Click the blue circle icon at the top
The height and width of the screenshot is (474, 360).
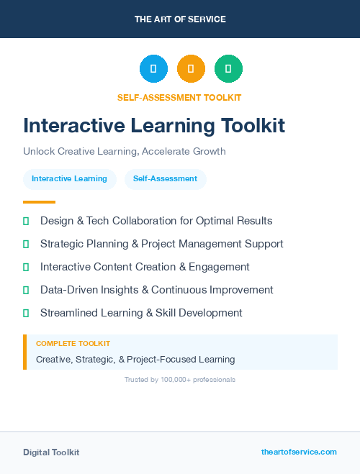click(153, 68)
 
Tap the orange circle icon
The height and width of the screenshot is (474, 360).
click(191, 68)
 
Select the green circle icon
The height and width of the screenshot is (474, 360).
click(228, 68)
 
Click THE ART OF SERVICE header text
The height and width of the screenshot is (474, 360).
click(180, 19)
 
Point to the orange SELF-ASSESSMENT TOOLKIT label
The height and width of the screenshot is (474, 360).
click(179, 97)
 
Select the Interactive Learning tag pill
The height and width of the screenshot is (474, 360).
click(69, 179)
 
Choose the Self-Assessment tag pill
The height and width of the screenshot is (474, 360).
click(165, 179)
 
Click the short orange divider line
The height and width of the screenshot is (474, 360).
click(39, 202)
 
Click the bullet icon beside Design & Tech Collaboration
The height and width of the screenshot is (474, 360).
click(26, 221)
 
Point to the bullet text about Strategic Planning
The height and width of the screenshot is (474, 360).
click(161, 244)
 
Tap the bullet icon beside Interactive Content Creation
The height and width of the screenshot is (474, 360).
click(26, 267)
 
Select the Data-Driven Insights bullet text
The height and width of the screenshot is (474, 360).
click(156, 290)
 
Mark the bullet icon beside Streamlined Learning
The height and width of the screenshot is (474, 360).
click(26, 313)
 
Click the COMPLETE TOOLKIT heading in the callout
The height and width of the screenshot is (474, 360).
click(73, 344)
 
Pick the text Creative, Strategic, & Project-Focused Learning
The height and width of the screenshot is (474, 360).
click(135, 359)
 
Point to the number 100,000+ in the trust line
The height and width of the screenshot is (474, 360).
click(171, 379)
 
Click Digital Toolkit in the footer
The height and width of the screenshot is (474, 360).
click(51, 452)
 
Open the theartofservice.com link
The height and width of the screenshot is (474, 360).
click(299, 452)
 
